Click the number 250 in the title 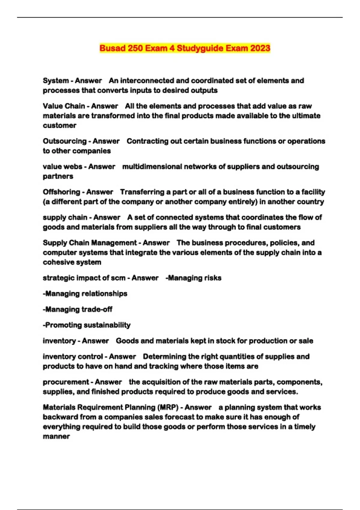[x=135, y=48]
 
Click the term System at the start [x=56, y=81]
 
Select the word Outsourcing [x=65, y=141]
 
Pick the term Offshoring [x=61, y=192]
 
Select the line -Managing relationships [x=85, y=294]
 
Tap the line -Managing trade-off [x=78, y=309]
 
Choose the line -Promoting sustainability [x=87, y=325]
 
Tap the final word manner [x=56, y=436]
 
